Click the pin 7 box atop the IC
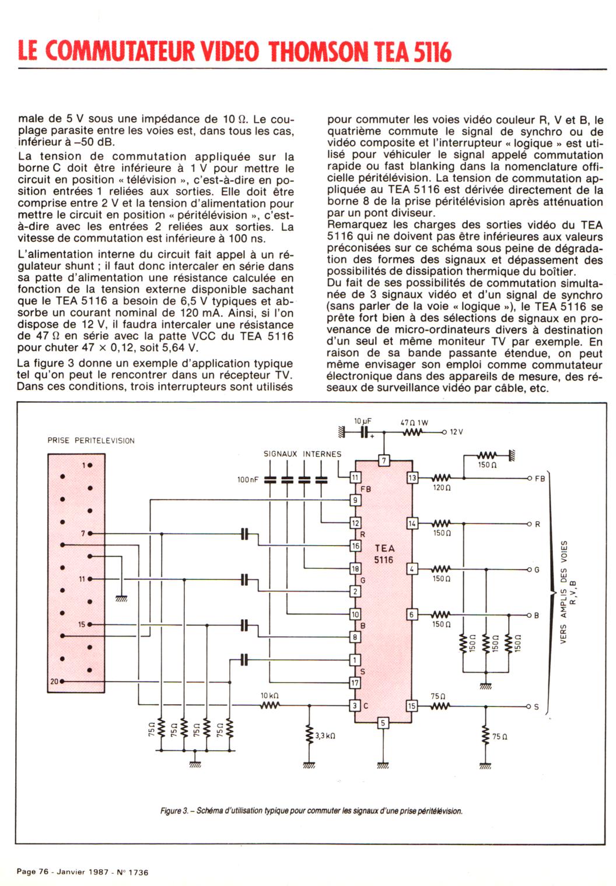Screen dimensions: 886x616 [383, 461]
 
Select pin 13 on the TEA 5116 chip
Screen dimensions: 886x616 [412, 478]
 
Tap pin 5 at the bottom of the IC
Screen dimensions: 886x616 [383, 723]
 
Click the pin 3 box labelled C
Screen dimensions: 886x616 [355, 706]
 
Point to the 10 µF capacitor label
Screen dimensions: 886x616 [363, 421]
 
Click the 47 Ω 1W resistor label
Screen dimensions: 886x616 [414, 423]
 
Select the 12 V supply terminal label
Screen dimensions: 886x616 [456, 432]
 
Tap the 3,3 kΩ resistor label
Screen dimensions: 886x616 [325, 736]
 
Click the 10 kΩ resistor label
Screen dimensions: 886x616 [269, 695]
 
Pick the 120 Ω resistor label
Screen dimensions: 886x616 [442, 488]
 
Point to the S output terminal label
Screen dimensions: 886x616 [537, 707]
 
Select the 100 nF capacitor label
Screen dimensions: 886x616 [247, 480]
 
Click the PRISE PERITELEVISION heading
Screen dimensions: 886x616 [91, 441]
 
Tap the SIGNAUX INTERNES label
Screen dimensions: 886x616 [302, 453]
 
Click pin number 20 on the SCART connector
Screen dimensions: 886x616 [54, 681]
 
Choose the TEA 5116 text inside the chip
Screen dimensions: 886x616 [384, 554]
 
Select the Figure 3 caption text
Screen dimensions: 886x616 [311, 811]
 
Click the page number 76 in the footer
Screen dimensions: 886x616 [43, 872]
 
